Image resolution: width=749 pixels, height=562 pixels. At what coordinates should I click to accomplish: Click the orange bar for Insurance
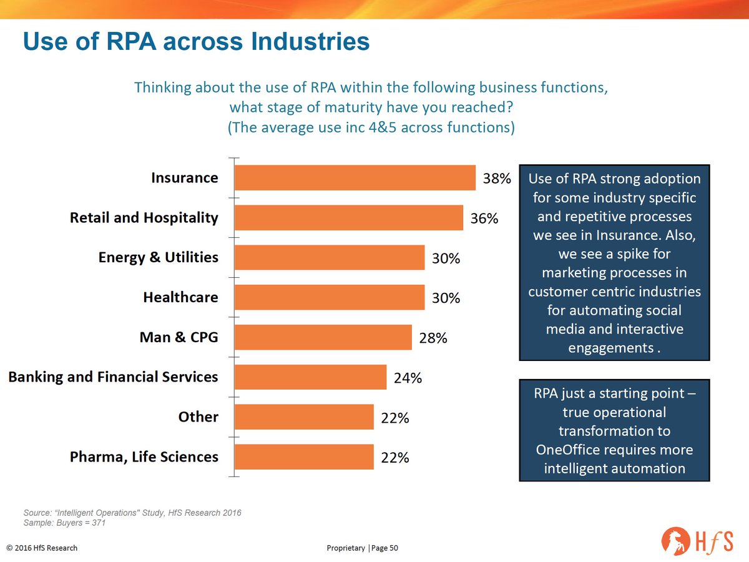355,178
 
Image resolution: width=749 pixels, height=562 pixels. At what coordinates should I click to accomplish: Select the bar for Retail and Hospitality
348,218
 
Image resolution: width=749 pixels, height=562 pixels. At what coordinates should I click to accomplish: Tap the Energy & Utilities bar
329,257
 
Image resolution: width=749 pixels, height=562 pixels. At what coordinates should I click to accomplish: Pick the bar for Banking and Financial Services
310,377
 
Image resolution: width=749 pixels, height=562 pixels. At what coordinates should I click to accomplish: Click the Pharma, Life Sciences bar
303,457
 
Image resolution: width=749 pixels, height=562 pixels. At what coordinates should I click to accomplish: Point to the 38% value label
497,179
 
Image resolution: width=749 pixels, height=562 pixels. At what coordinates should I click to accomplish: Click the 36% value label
484,219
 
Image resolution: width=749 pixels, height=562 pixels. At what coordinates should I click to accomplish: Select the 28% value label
433,338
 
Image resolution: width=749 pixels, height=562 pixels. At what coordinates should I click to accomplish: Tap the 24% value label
408,378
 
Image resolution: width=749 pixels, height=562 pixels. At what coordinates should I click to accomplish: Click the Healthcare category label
180,297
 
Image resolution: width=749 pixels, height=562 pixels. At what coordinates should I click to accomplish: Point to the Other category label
198,417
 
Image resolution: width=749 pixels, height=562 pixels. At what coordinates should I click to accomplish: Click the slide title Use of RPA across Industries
196,42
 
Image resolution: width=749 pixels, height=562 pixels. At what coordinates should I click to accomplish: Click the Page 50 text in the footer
385,548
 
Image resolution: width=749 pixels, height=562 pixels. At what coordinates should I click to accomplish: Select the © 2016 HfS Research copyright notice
42,548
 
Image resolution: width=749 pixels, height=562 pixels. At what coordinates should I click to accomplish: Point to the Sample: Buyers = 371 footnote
64,523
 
